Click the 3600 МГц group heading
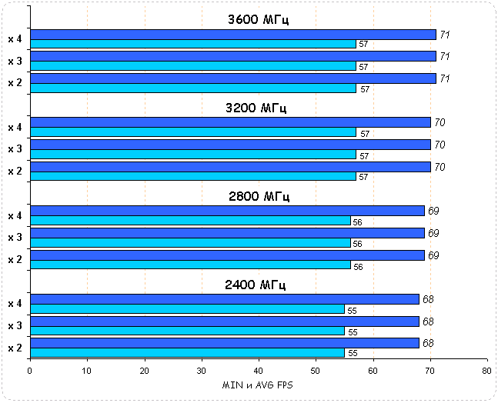[258, 18]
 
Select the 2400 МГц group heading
[258, 285]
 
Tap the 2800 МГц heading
[258, 196]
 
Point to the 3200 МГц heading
[258, 107]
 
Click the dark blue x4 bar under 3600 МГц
[232, 35]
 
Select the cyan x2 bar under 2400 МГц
[187, 352]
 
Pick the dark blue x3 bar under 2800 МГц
[227, 233]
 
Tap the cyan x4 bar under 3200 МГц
[192, 133]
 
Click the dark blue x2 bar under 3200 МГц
[230, 167]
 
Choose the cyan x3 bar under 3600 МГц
[192, 67]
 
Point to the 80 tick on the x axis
[486, 370]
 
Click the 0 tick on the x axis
[30, 370]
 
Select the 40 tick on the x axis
[258, 370]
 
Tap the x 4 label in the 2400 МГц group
[15, 304]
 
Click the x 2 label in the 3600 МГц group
[15, 82]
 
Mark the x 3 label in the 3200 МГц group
[15, 149]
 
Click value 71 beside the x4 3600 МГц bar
[445, 35]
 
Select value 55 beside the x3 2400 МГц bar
[353, 332]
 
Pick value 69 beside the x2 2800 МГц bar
[433, 255]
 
